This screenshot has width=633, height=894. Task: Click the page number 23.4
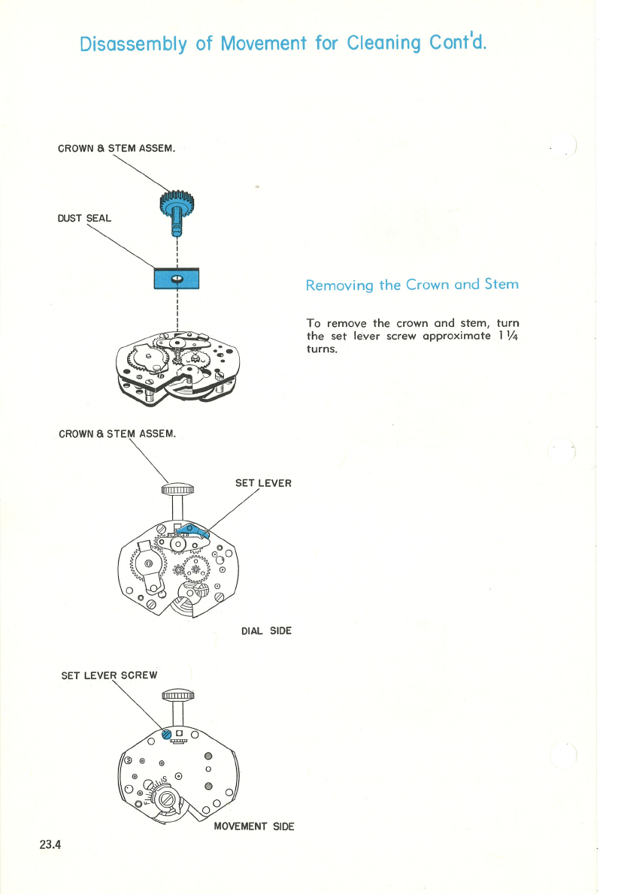[x=50, y=844]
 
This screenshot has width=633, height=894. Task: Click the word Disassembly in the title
[x=133, y=44]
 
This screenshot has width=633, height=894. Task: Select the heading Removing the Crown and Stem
[x=411, y=285]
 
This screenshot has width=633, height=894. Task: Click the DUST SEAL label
[x=84, y=219]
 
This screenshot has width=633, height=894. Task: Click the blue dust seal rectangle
[x=176, y=278]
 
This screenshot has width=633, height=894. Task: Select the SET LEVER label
[x=263, y=483]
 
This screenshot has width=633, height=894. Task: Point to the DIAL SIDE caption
[x=266, y=631]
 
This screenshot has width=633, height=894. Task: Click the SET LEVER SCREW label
[x=109, y=675]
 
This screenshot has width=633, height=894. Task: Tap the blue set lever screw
[x=166, y=734]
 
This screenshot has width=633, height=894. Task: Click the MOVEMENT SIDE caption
[x=254, y=826]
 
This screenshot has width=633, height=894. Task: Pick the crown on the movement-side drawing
[x=178, y=695]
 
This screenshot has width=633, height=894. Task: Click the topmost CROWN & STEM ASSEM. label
[x=117, y=147]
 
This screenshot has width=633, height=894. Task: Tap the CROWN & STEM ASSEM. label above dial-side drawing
[x=117, y=433]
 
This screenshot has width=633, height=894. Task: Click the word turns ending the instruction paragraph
[x=323, y=349]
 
